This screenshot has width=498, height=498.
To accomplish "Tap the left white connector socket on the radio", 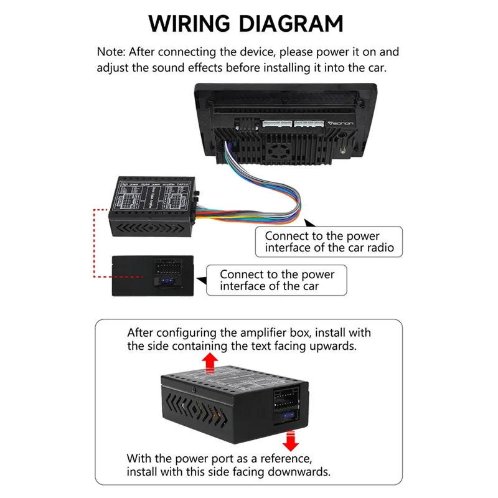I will pos(276,125).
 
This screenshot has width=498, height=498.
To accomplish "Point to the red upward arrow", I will pos(210,362).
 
